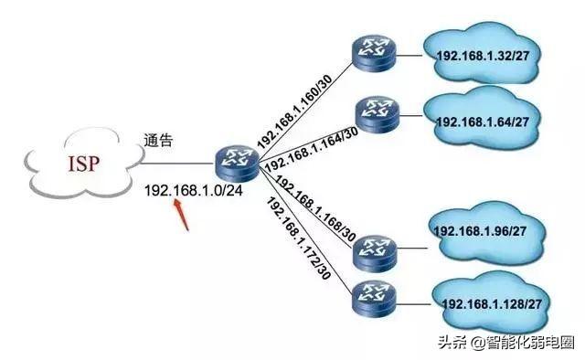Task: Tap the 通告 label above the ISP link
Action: [158, 142]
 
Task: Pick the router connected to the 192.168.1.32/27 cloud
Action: [372, 55]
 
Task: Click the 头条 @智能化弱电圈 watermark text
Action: [506, 344]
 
